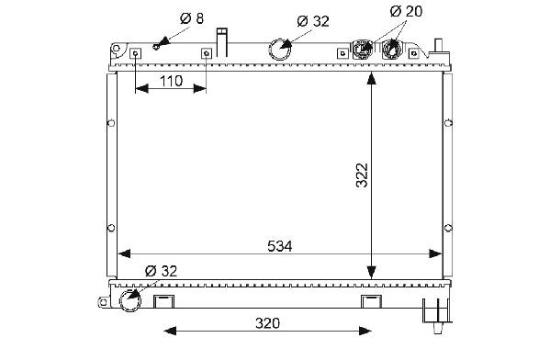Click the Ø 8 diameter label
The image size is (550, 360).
pos(192,18)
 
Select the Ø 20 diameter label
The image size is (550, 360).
pos(406,11)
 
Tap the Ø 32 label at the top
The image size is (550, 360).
pos(313,21)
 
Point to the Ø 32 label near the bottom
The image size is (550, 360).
pos(161,271)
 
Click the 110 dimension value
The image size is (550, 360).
pos(171,81)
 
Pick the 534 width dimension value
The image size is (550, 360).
pos(279,246)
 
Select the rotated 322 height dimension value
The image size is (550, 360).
pos(362,175)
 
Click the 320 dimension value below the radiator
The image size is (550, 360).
pos(267,323)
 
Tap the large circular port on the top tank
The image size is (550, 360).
pos(279,49)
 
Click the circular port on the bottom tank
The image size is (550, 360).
pos(130,300)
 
